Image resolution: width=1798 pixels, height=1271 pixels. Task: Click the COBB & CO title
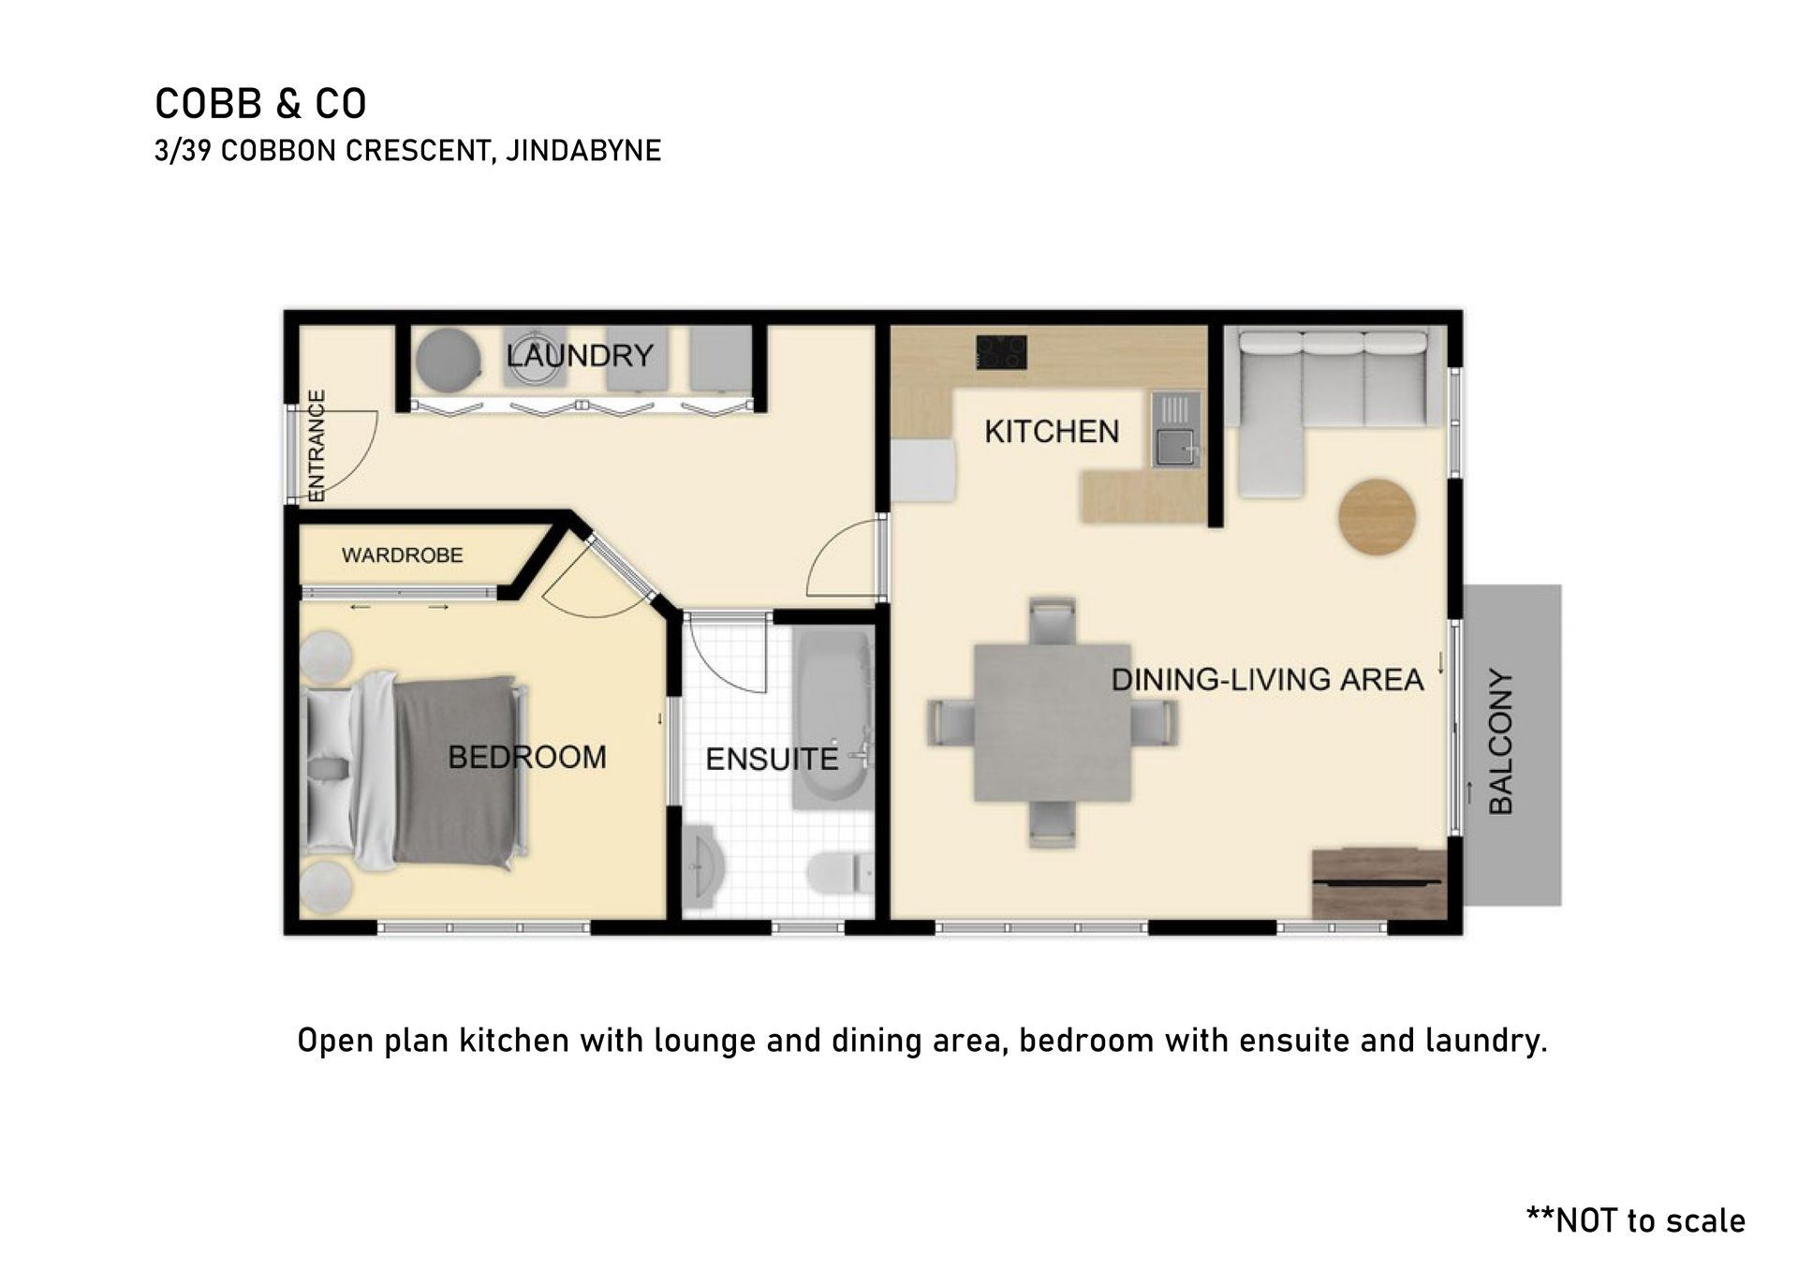(260, 104)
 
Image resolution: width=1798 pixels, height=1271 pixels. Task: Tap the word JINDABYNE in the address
(583, 151)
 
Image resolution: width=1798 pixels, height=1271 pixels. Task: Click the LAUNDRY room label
(580, 356)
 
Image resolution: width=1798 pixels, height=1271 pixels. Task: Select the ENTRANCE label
(317, 446)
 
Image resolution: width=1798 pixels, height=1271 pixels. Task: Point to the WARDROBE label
(403, 555)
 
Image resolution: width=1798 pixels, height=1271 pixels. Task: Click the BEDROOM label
(527, 757)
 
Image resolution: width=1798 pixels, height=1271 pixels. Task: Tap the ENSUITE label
(772, 759)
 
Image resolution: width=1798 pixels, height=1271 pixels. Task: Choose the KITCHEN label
(1052, 432)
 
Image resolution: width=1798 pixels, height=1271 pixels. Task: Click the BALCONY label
(1501, 742)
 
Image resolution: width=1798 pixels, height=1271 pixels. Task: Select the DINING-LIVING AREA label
(1267, 680)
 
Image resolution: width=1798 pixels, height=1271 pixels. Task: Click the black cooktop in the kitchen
(1001, 352)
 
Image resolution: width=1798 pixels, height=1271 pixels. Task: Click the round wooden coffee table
(1377, 517)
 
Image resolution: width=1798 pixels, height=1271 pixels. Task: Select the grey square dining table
(1052, 722)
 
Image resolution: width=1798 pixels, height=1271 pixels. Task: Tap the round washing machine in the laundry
(449, 359)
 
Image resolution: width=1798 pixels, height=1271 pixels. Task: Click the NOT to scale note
(1635, 1220)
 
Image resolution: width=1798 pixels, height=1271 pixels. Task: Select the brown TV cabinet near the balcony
(1379, 883)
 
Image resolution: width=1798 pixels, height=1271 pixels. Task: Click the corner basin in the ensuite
(701, 866)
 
